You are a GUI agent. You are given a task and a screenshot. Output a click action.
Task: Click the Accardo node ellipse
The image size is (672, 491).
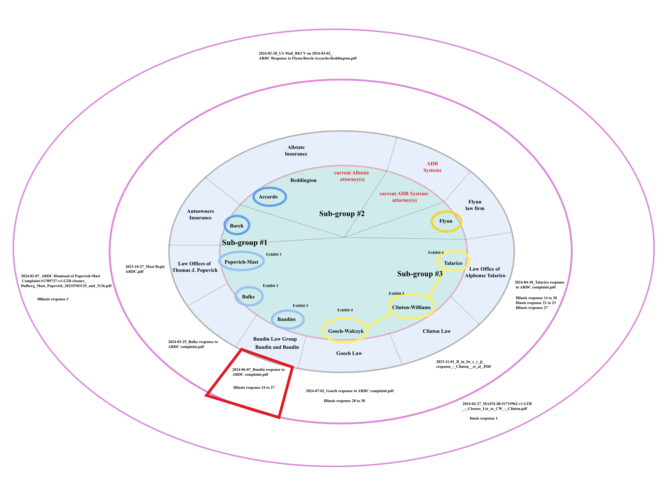(x=269, y=197)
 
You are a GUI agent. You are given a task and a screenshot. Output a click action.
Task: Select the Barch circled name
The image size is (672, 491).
(x=237, y=226)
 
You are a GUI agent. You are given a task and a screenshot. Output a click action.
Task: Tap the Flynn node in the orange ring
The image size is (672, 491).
(x=446, y=221)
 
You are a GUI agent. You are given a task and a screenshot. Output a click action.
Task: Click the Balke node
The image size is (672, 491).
(x=249, y=297)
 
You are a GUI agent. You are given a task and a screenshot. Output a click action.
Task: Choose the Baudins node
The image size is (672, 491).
(x=287, y=319)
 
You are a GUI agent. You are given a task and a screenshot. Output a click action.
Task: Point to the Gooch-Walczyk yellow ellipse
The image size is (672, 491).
(x=345, y=331)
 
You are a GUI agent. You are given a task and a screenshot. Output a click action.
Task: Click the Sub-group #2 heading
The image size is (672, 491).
(x=342, y=214)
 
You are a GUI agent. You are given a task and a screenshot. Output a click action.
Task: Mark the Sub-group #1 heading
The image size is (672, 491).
(x=245, y=242)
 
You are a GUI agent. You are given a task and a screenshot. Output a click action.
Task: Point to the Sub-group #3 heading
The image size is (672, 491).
(x=420, y=274)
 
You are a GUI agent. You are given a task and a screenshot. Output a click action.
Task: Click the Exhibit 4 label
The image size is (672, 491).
(x=345, y=310)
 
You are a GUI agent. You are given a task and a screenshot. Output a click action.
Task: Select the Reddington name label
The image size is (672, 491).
(x=303, y=180)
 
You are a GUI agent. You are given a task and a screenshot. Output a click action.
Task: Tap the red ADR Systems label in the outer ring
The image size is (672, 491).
(x=432, y=167)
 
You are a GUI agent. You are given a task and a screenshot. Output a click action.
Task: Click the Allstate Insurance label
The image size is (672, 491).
(x=296, y=151)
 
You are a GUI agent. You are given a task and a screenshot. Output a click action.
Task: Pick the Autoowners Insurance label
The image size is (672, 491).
(x=200, y=214)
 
